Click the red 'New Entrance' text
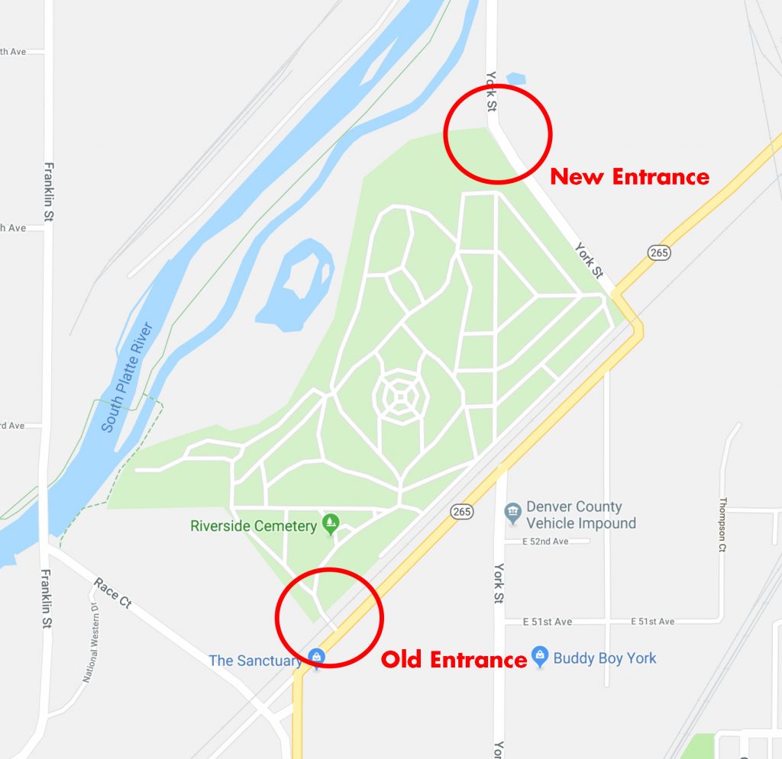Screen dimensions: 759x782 629,177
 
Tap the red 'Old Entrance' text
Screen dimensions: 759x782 454,659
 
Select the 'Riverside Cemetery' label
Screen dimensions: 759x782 253,526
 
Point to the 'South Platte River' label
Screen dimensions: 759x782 128,377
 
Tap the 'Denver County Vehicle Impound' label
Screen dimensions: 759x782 580,515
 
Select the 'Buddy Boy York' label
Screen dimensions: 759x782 604,658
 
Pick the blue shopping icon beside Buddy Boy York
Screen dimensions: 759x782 540,656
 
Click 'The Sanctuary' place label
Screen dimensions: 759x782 255,661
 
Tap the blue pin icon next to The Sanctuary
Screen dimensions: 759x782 316,656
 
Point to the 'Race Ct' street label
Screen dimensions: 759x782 112,593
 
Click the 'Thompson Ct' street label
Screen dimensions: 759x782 722,525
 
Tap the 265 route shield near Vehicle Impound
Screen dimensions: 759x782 461,511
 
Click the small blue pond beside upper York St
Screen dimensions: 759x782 516,79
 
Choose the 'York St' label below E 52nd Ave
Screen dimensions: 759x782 499,584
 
